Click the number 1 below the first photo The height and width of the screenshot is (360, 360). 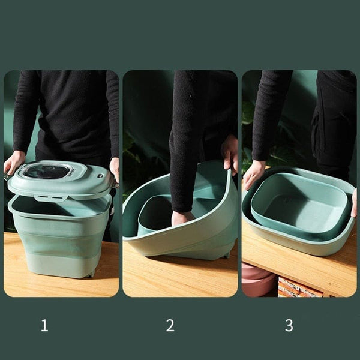[44, 325]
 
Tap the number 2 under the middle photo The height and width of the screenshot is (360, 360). [170, 325]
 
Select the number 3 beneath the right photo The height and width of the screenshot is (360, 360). [289, 325]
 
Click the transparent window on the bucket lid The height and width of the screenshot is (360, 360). [47, 171]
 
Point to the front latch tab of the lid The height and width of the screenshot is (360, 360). [51, 197]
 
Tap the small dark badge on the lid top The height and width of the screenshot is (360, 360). [100, 176]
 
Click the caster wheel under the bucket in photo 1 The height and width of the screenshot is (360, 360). [90, 274]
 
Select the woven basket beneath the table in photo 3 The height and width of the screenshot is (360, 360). [298, 287]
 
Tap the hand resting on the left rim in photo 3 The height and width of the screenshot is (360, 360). [253, 174]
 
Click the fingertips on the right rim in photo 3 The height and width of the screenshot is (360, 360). [354, 203]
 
